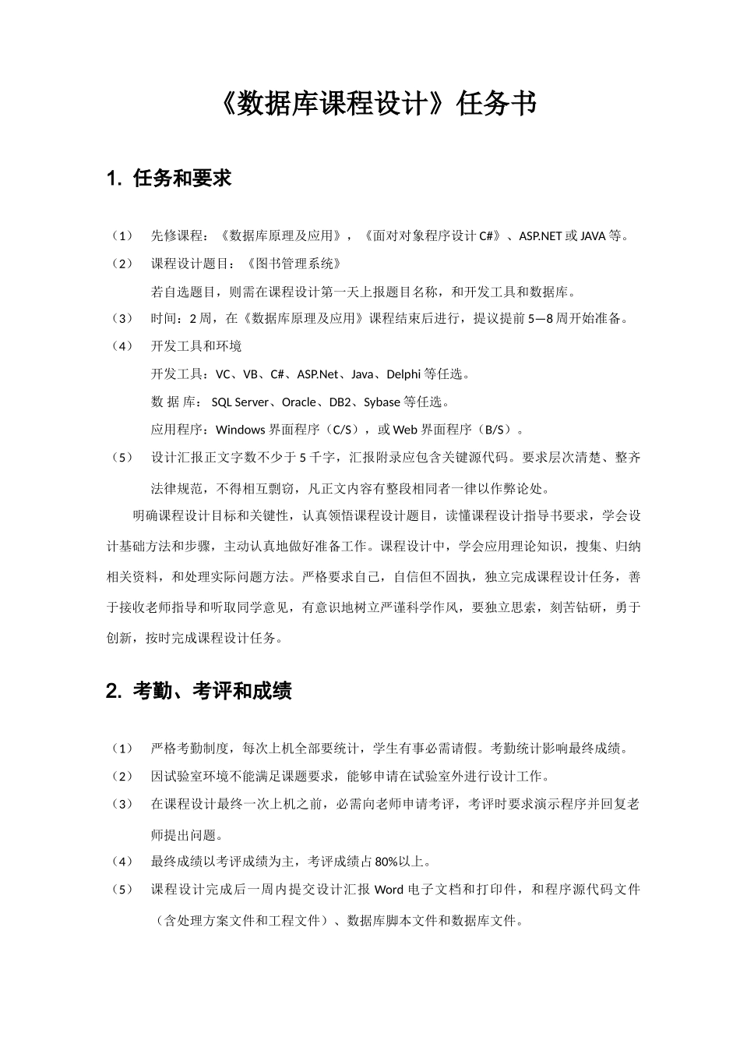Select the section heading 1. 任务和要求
coord(169,179)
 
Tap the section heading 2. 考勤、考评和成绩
coord(199,691)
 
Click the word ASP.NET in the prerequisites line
coord(540,235)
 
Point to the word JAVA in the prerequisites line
coord(593,235)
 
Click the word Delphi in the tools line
coord(403,374)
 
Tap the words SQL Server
coord(240,402)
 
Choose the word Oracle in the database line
coord(299,402)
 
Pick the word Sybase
coord(382,402)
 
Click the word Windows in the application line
coord(241,430)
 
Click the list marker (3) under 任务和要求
coord(122,318)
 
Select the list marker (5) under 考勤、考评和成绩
coord(122,890)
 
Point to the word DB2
coord(340,402)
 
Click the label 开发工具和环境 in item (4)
coord(196,346)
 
